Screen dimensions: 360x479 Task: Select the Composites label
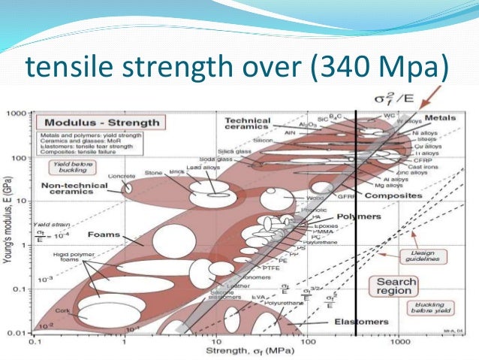(x=389, y=195)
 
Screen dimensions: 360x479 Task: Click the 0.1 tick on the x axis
(x=34, y=340)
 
